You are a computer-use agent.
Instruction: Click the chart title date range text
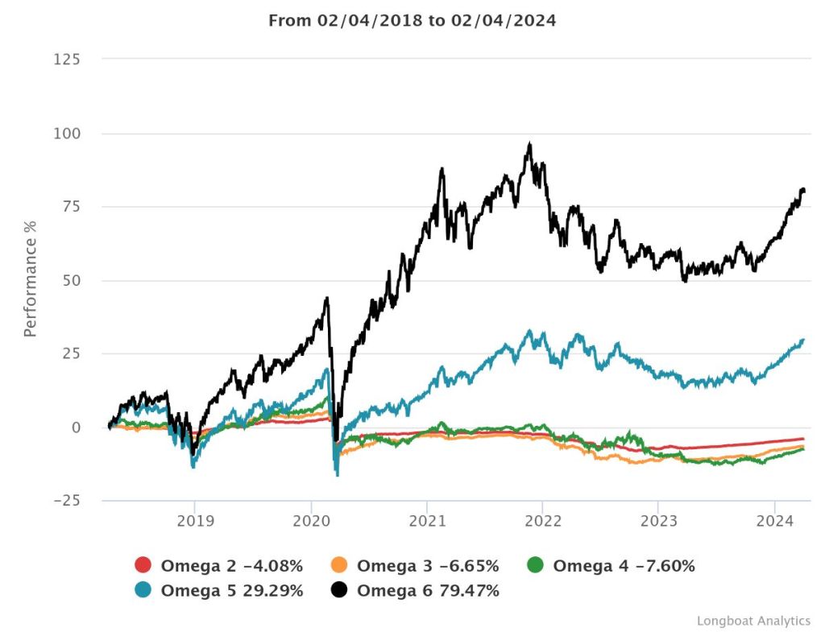pos(412,20)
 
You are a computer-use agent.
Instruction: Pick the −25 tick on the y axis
pos(68,501)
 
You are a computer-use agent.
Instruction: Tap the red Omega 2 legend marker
pos(143,566)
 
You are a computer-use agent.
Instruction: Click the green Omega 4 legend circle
pos(536,566)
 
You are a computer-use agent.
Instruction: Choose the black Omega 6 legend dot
pos(339,591)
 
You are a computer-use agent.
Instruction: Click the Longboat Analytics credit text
pos(753,621)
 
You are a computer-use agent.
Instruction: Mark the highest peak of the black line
pos(529,144)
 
